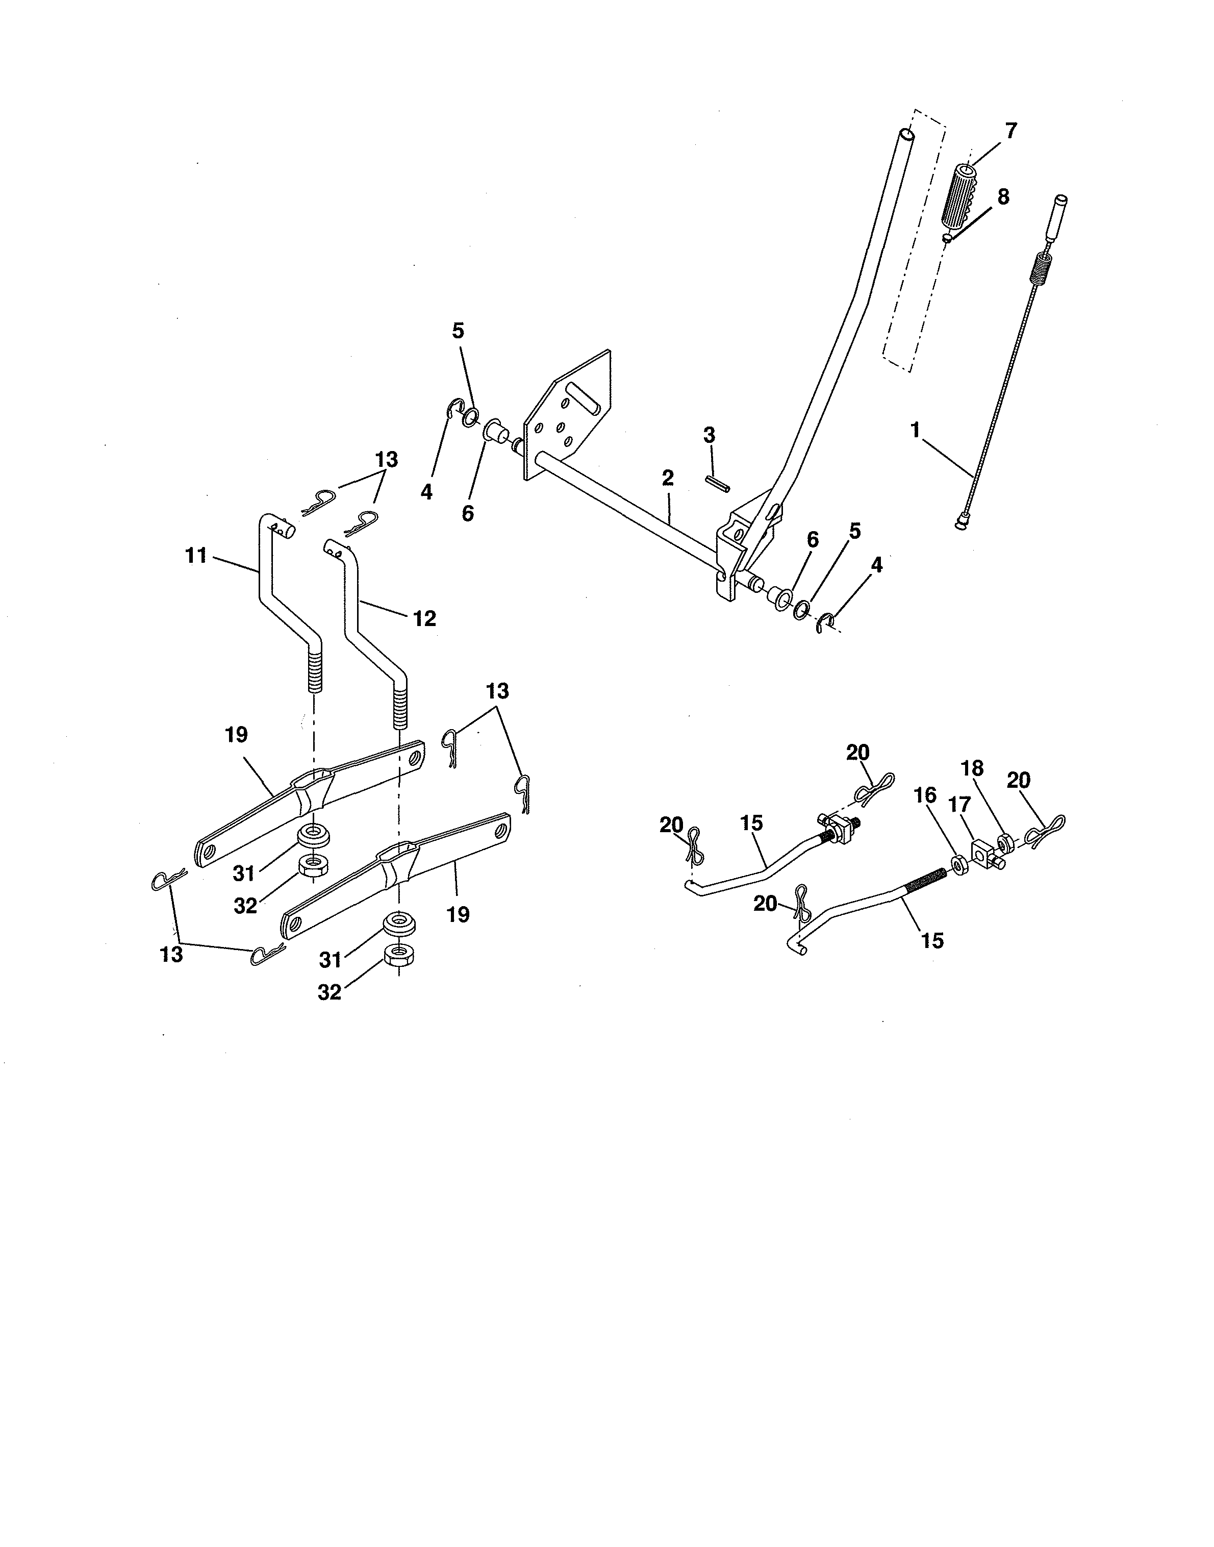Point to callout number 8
click(x=1003, y=197)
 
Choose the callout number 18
click(x=972, y=768)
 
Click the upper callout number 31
click(x=244, y=873)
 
